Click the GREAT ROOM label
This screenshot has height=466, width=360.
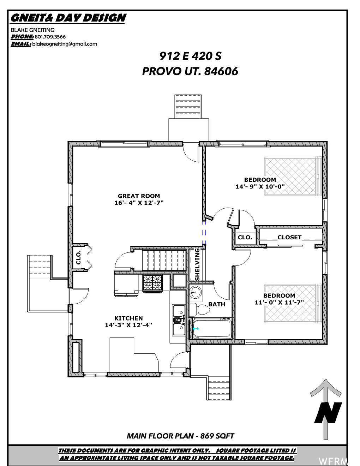(x=139, y=196)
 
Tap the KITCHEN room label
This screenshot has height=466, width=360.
(x=128, y=318)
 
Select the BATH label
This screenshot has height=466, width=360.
(x=217, y=304)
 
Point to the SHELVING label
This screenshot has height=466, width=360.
(x=197, y=264)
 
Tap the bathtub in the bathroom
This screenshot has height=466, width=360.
(x=212, y=329)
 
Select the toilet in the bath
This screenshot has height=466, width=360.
(x=199, y=310)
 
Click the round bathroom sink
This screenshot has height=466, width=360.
(x=195, y=292)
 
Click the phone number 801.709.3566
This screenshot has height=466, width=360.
(x=50, y=37)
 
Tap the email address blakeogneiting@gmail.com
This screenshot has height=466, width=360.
(x=65, y=44)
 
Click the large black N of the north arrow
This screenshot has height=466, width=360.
(x=328, y=412)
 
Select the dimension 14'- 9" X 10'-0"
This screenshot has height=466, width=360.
(x=260, y=186)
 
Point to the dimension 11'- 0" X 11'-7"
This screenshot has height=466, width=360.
(x=279, y=303)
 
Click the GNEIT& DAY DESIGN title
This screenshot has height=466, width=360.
(x=68, y=18)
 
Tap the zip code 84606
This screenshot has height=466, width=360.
(x=221, y=71)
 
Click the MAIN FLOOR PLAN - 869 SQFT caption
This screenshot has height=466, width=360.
(x=180, y=436)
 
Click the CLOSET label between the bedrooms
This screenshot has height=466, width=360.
(x=289, y=237)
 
